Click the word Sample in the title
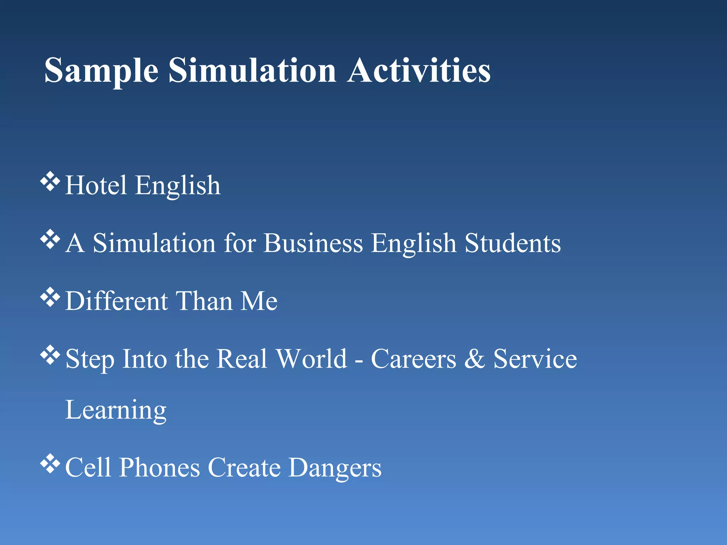pyautogui.click(x=101, y=71)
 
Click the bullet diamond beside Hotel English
pyautogui.click(x=50, y=181)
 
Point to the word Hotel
pyautogui.click(x=96, y=185)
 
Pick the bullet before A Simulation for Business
pyautogui.click(x=50, y=239)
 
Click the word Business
pyautogui.click(x=313, y=243)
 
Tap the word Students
pyautogui.click(x=513, y=243)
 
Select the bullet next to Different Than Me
pyautogui.click(x=50, y=297)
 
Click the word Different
pyautogui.click(x=116, y=301)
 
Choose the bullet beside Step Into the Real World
pyautogui.click(x=50, y=355)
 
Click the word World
pyautogui.click(x=311, y=359)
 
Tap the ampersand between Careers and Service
pyautogui.click(x=475, y=359)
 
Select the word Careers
pyautogui.click(x=413, y=359)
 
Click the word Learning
pyautogui.click(x=116, y=410)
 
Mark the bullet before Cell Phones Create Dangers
pyautogui.click(x=50, y=463)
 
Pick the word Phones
pyautogui.click(x=159, y=468)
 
